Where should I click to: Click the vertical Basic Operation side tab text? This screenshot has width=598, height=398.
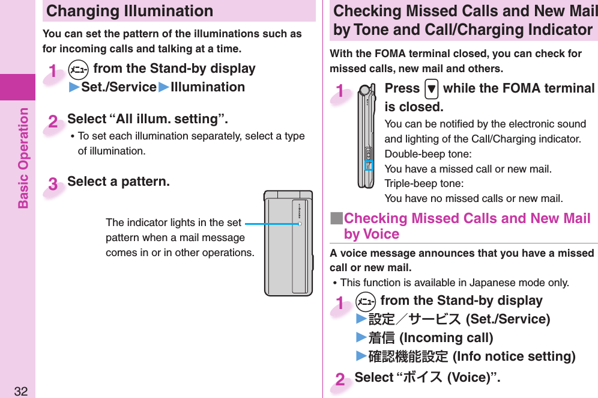point(23,158)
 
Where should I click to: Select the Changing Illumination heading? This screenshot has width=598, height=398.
point(130,11)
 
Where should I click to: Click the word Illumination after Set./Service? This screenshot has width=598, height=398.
point(208,87)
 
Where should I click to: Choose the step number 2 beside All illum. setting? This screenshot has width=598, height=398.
point(53,123)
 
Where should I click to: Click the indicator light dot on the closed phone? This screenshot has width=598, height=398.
point(299,223)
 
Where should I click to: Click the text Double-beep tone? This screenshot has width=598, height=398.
point(427,155)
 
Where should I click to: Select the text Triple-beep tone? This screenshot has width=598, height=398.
point(423,183)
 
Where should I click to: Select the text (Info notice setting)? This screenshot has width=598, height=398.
point(513,357)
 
